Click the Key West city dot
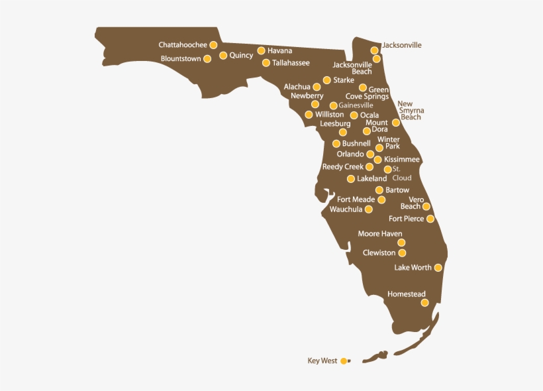pyautogui.click(x=343, y=361)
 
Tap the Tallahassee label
pyautogui.click(x=291, y=63)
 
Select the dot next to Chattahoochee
pyautogui.click(x=213, y=45)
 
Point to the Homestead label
pyautogui.click(x=406, y=294)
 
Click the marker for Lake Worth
pyautogui.click(x=438, y=268)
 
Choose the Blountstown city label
pyautogui.click(x=181, y=59)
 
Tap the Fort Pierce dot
pyautogui.click(x=430, y=219)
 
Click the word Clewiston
pyautogui.click(x=379, y=252)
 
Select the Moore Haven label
pyautogui.click(x=380, y=234)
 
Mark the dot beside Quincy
pyautogui.click(x=223, y=56)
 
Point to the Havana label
pyautogui.click(x=279, y=50)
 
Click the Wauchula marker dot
pyautogui.click(x=369, y=209)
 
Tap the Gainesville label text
pyautogui.click(x=356, y=105)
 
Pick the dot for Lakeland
pyautogui.click(x=351, y=179)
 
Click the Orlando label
pyautogui.click(x=350, y=154)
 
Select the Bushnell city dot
pyautogui.click(x=336, y=144)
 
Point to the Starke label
pyautogui.click(x=343, y=80)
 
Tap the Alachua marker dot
pyautogui.click(x=317, y=87)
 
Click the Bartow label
pyautogui.click(x=397, y=190)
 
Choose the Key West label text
pyautogui.click(x=322, y=361)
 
